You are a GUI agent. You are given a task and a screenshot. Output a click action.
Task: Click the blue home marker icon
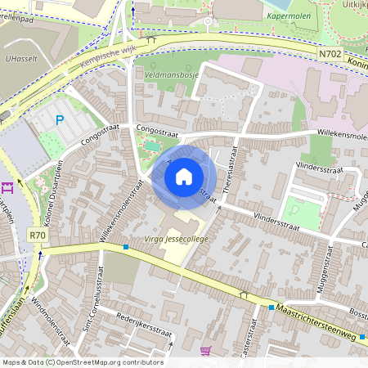click(x=184, y=176)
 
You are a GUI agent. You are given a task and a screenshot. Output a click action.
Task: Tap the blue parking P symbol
click(x=59, y=120)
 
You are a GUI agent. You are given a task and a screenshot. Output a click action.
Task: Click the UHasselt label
click(x=20, y=60)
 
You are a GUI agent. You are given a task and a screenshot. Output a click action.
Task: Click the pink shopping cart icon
click(x=205, y=352)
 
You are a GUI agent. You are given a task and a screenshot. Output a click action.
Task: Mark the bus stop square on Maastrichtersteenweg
click(x=272, y=307)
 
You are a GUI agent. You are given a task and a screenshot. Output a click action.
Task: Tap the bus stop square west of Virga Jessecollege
click(x=125, y=247)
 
